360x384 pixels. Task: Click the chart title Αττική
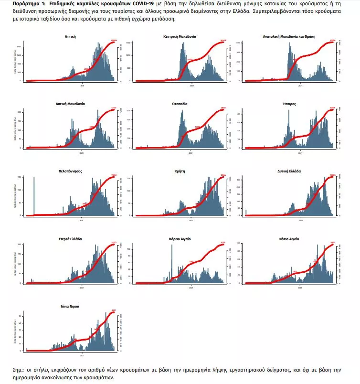[x=70, y=36]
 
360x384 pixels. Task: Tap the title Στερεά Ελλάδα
[x=70, y=238]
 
